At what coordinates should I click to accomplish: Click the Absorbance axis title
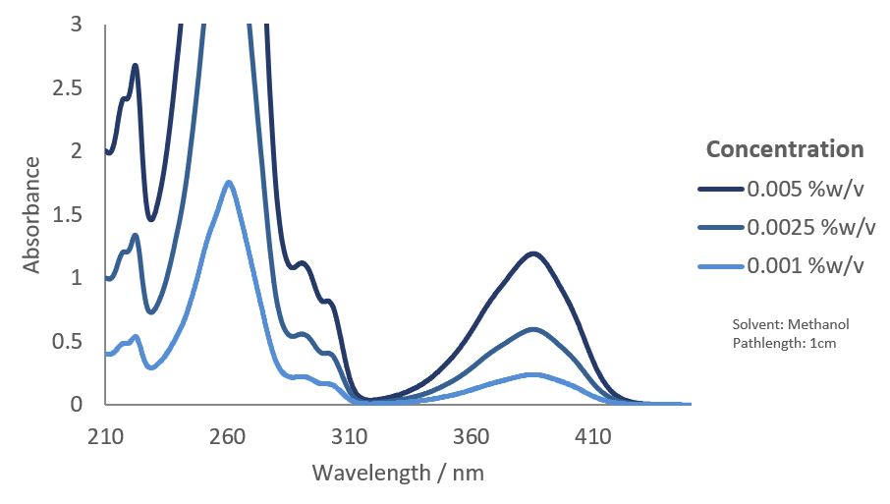coord(32,214)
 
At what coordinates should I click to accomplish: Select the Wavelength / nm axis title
coord(398,473)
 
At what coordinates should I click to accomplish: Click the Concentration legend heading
coord(785,149)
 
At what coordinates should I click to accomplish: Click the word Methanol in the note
coord(817,325)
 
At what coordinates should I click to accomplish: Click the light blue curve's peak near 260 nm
coord(229,182)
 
